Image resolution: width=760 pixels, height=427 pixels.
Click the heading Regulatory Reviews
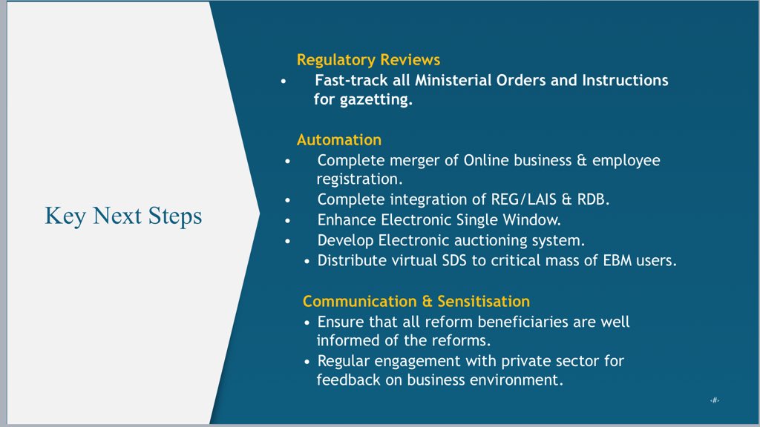point(368,60)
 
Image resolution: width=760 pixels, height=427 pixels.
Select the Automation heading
point(338,139)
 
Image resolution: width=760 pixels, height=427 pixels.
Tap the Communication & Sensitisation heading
point(416,301)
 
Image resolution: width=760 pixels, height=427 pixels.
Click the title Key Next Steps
point(123,216)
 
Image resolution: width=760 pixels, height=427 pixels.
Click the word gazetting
point(376,99)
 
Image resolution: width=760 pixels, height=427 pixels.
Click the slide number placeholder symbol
point(714,400)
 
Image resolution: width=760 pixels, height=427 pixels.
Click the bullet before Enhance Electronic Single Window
point(289,220)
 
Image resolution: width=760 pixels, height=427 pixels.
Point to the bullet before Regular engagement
point(308,362)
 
